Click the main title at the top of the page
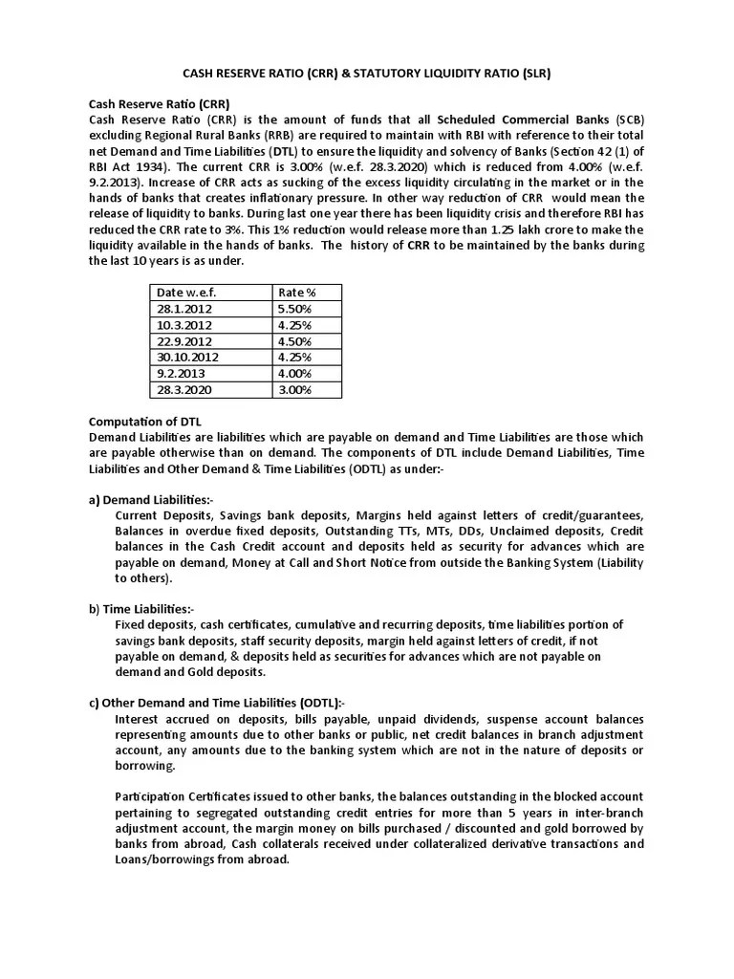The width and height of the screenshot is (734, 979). (x=366, y=73)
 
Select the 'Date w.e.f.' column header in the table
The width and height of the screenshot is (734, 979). (x=186, y=293)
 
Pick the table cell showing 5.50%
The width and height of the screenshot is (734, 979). (x=294, y=309)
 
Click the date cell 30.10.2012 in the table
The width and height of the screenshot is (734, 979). (x=192, y=358)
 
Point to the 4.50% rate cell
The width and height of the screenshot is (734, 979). (x=294, y=341)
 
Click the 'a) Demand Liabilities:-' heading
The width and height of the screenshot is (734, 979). (x=152, y=500)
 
